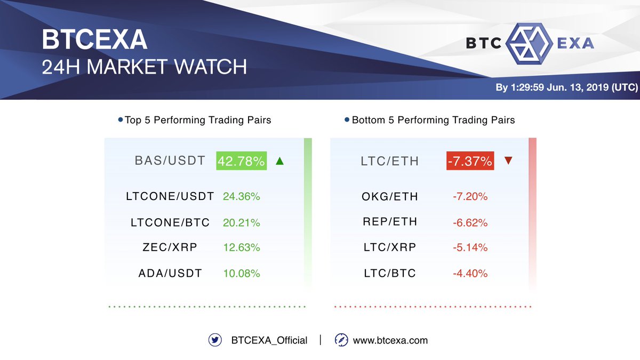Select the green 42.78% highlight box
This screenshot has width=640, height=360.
pos(241,161)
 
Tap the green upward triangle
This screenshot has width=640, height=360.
pos(279,161)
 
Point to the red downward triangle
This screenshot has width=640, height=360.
pos(508,160)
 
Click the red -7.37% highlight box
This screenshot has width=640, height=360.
pos(470,161)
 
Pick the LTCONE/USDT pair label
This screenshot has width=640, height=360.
pos(170,196)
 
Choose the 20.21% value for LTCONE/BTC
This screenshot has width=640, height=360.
pos(242,222)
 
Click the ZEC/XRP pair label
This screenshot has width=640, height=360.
pos(170,247)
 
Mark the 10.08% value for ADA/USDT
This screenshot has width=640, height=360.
pos(242,274)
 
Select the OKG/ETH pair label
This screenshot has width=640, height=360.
pos(390,197)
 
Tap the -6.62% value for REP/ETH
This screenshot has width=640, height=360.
pos(470,222)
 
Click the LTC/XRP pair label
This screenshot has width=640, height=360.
pos(389,247)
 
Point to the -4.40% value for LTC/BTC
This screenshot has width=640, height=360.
pos(470,274)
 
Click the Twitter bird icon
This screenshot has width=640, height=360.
pos(215,340)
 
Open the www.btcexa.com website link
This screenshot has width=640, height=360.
pos(390,340)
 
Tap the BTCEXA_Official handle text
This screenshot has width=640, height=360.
pos(269,340)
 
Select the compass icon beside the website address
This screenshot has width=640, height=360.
pos(341,340)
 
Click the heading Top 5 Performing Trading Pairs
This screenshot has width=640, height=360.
pos(198,120)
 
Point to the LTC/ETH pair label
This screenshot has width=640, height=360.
pos(390,161)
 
